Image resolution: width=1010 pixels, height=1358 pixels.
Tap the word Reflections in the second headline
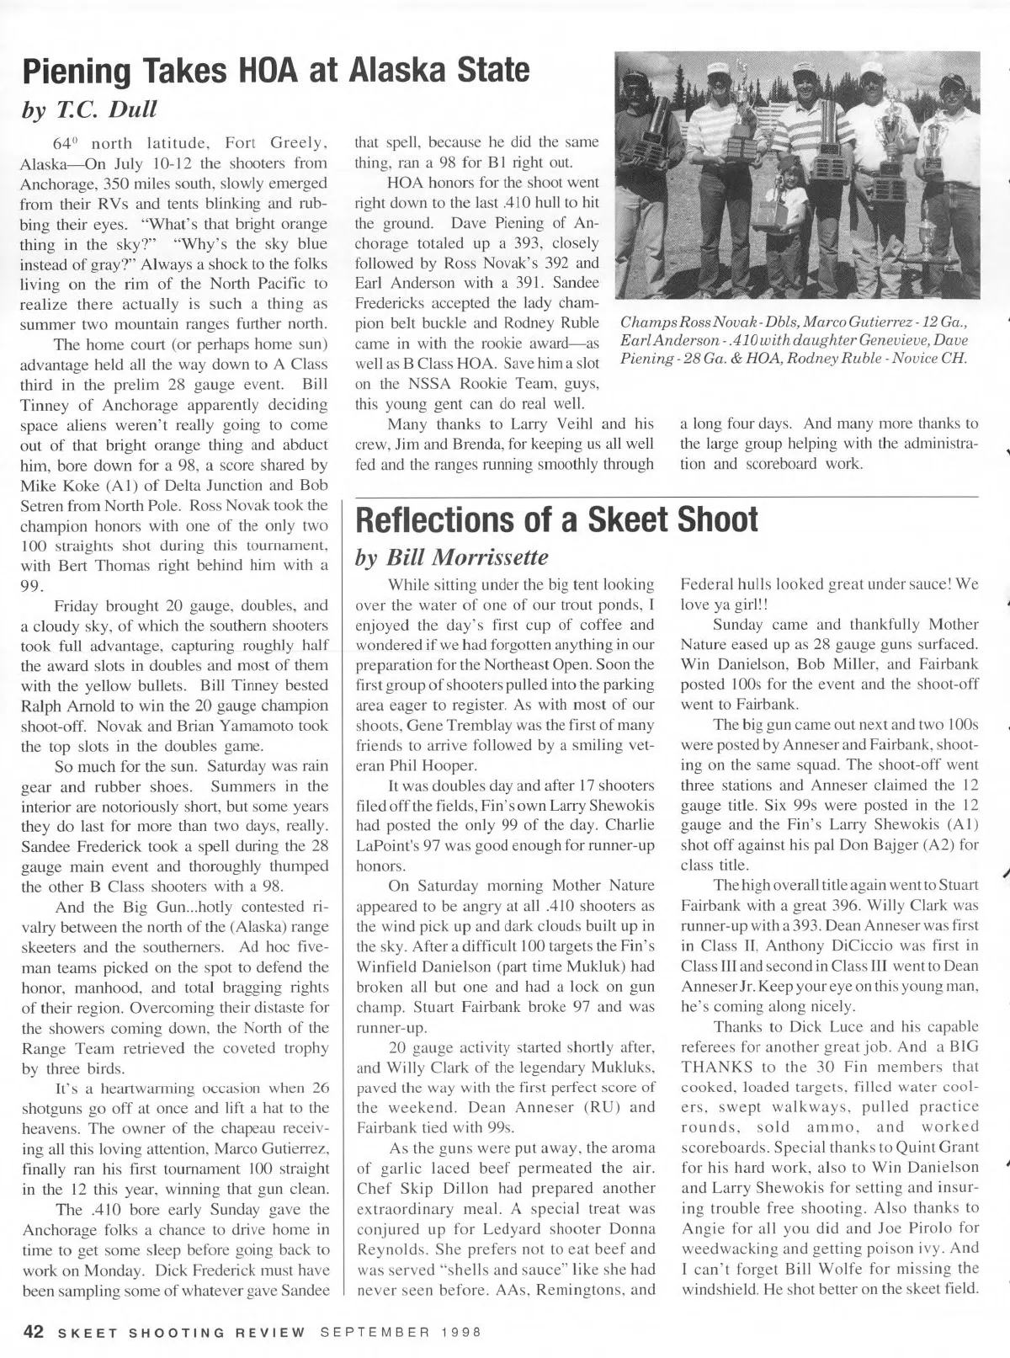click(431, 519)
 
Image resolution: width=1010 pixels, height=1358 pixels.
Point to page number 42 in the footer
click(33, 1332)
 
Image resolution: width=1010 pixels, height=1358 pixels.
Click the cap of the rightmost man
click(952, 81)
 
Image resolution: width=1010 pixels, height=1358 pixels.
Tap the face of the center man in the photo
click(805, 85)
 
